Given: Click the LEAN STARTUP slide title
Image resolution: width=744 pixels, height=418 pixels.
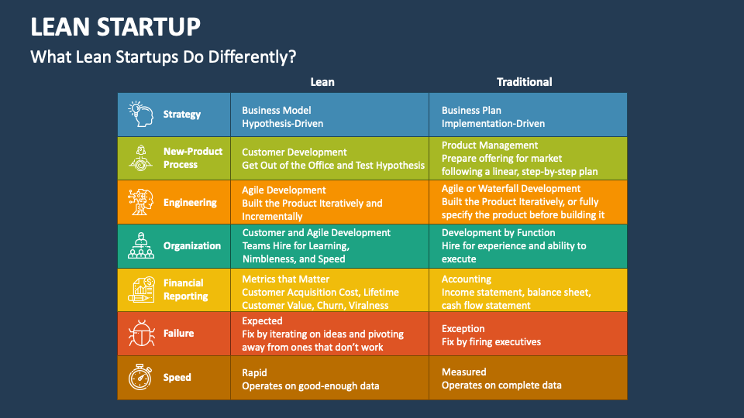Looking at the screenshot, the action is tap(115, 26).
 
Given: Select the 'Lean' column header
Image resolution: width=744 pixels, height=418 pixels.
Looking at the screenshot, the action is tap(322, 82).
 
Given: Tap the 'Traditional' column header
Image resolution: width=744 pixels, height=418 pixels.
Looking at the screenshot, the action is tap(525, 82).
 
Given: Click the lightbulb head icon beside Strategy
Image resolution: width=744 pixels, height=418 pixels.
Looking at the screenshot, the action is tap(141, 114).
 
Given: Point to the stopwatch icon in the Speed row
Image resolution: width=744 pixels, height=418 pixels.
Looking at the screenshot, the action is tap(140, 377).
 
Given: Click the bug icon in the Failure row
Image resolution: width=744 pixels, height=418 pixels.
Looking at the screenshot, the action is tap(141, 333).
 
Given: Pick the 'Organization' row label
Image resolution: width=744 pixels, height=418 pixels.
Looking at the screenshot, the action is tap(192, 246).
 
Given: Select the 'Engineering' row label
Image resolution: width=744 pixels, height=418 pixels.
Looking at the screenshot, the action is tap(190, 202).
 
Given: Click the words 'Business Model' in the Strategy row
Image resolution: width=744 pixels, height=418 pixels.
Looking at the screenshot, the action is tap(277, 111).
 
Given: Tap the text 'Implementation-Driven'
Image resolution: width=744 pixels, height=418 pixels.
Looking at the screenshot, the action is tap(493, 124).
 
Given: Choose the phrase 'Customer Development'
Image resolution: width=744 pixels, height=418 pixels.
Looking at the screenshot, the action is tap(294, 152).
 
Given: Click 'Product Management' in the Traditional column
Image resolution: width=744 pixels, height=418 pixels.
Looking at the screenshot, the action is tap(490, 146).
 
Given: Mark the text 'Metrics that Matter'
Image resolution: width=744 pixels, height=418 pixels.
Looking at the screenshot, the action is tap(286, 279).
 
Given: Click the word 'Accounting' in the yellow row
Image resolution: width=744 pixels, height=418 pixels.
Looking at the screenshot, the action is tap(467, 279).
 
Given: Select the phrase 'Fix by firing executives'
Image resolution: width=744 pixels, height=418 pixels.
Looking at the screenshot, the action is tap(491, 341).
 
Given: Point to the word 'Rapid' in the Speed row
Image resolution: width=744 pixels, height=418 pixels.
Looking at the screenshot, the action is tap(254, 373).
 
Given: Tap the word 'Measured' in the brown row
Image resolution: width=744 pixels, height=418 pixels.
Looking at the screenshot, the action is tap(464, 372).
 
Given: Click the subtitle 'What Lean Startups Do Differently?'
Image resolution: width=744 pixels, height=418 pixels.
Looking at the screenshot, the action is tap(164, 57).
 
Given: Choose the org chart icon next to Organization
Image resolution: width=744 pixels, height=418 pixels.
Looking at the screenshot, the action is tap(141, 245).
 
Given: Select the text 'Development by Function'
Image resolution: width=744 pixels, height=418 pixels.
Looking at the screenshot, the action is tap(498, 233).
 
